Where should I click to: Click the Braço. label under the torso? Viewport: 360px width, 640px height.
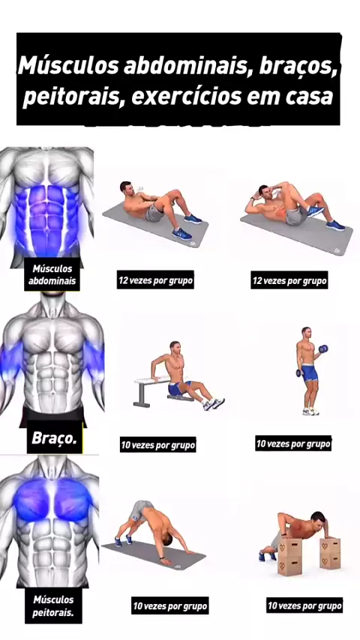tap(54, 438)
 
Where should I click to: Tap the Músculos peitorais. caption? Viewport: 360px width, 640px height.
tap(53, 606)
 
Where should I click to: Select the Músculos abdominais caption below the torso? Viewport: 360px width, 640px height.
tap(52, 274)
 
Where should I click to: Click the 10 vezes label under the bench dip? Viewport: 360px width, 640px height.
tap(157, 444)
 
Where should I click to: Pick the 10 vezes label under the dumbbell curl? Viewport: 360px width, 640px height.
tap(293, 443)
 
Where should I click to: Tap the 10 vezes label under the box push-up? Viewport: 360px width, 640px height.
tap(304, 605)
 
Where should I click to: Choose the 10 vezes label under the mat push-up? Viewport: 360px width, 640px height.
tap(170, 606)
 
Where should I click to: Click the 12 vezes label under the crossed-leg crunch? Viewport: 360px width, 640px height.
tap(289, 280)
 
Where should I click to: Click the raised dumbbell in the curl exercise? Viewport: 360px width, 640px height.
tap(323, 348)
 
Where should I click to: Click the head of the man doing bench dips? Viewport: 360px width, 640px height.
tap(175, 347)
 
